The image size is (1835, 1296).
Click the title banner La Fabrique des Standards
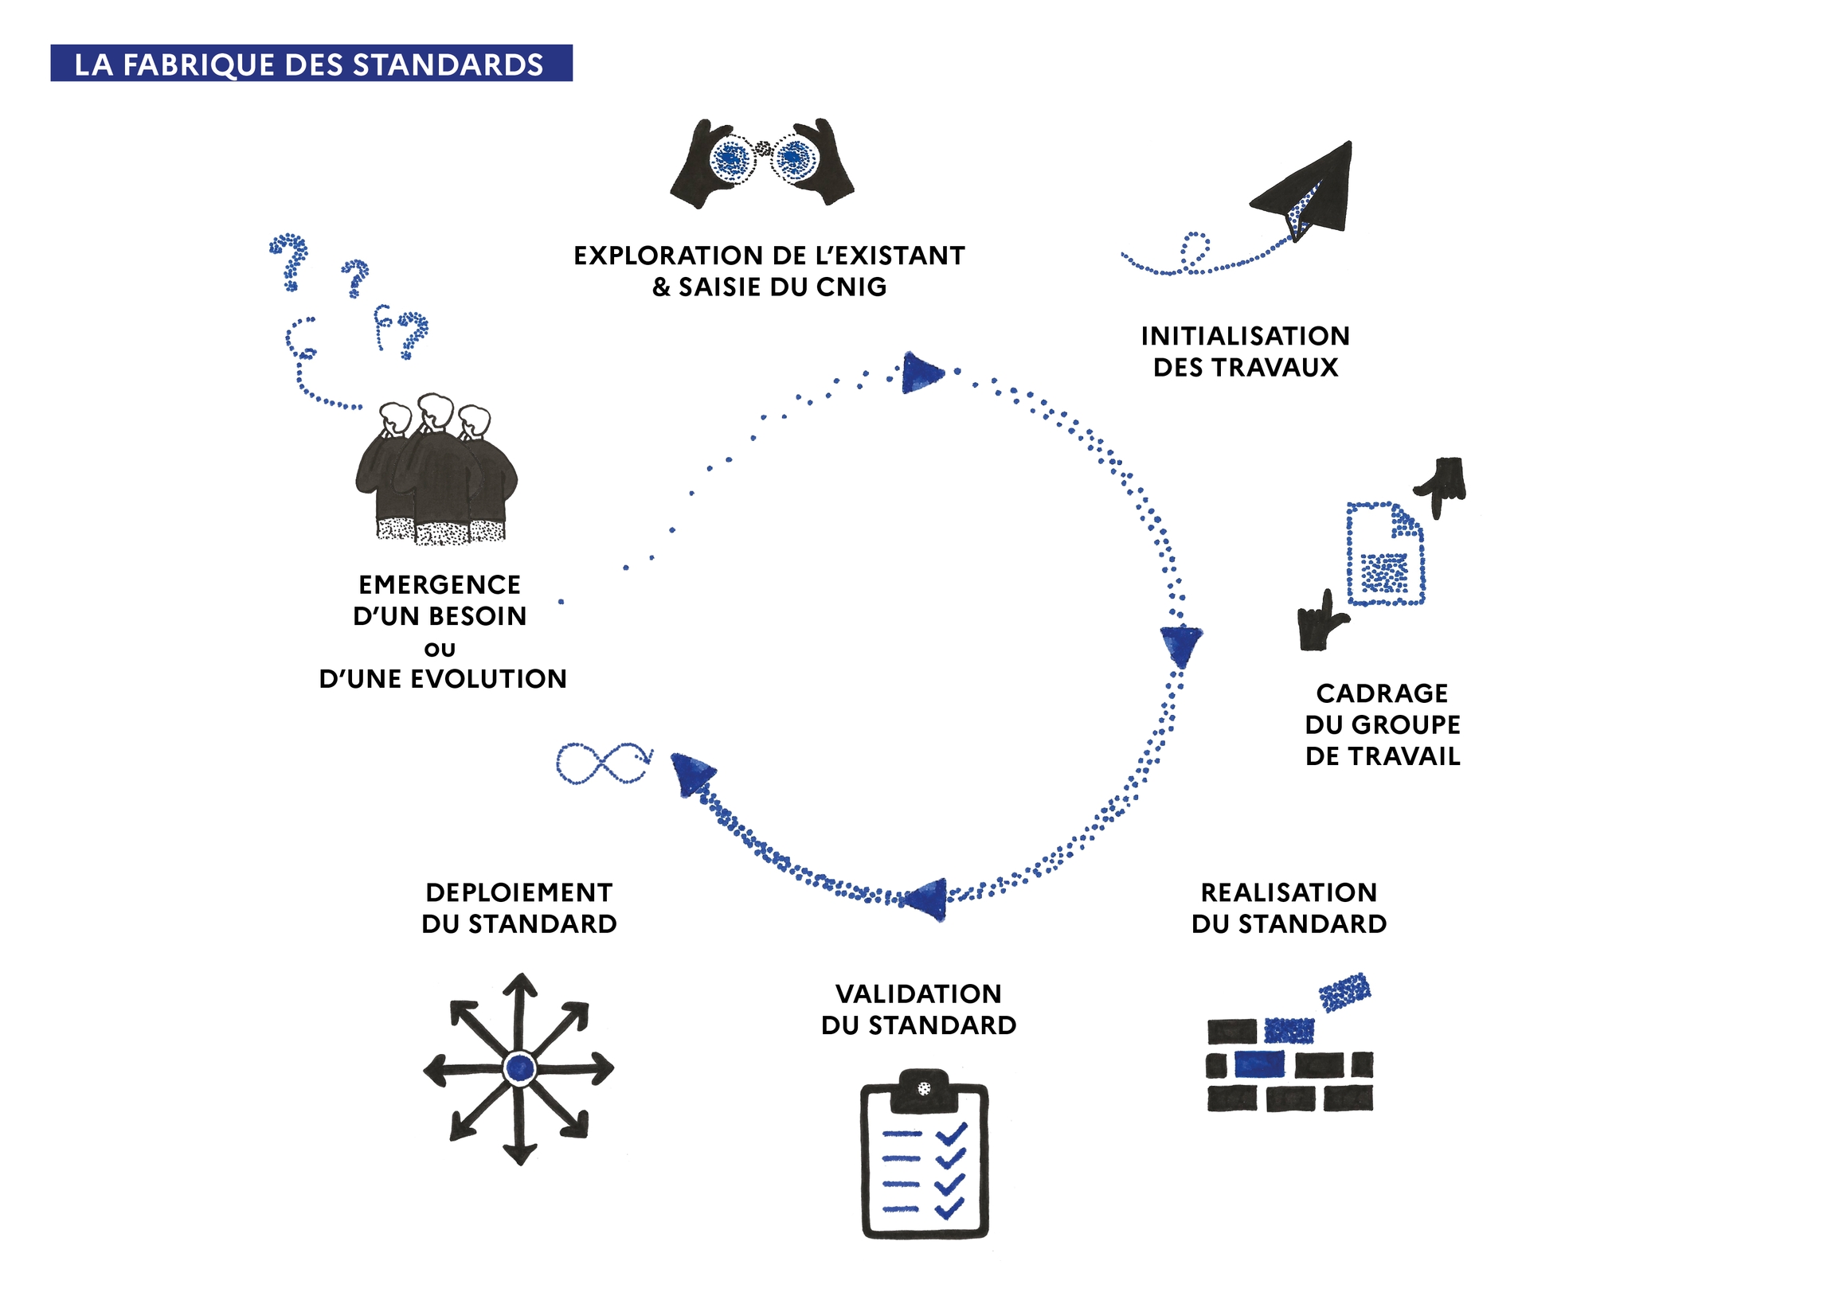point(311,63)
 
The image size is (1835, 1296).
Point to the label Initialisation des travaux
point(1245,352)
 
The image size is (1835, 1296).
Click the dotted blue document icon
point(1385,553)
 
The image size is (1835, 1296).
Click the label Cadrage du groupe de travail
point(1382,724)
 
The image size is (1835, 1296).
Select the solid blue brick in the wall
point(1258,1064)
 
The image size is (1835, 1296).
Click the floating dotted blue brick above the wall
point(1344,992)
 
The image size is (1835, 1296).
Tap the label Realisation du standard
point(1289,908)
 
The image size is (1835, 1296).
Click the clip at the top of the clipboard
point(924,1088)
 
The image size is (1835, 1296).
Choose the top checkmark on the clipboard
point(951,1133)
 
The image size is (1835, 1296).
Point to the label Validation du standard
point(918,1009)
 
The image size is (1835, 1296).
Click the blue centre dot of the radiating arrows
point(519,1068)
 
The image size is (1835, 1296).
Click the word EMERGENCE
point(440,585)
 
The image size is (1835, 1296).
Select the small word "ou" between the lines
point(440,649)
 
